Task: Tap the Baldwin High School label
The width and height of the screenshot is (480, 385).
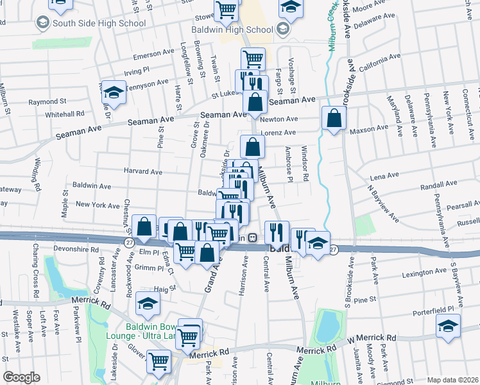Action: point(232,30)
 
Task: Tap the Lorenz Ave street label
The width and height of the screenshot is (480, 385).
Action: point(278,133)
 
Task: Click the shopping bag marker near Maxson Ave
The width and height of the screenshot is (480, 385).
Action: point(334,119)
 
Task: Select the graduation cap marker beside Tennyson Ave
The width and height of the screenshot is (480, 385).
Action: point(114,93)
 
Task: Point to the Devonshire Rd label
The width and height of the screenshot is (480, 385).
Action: point(77,249)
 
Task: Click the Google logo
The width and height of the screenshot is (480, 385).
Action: point(21,377)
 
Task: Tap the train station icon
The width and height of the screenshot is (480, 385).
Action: point(253,237)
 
